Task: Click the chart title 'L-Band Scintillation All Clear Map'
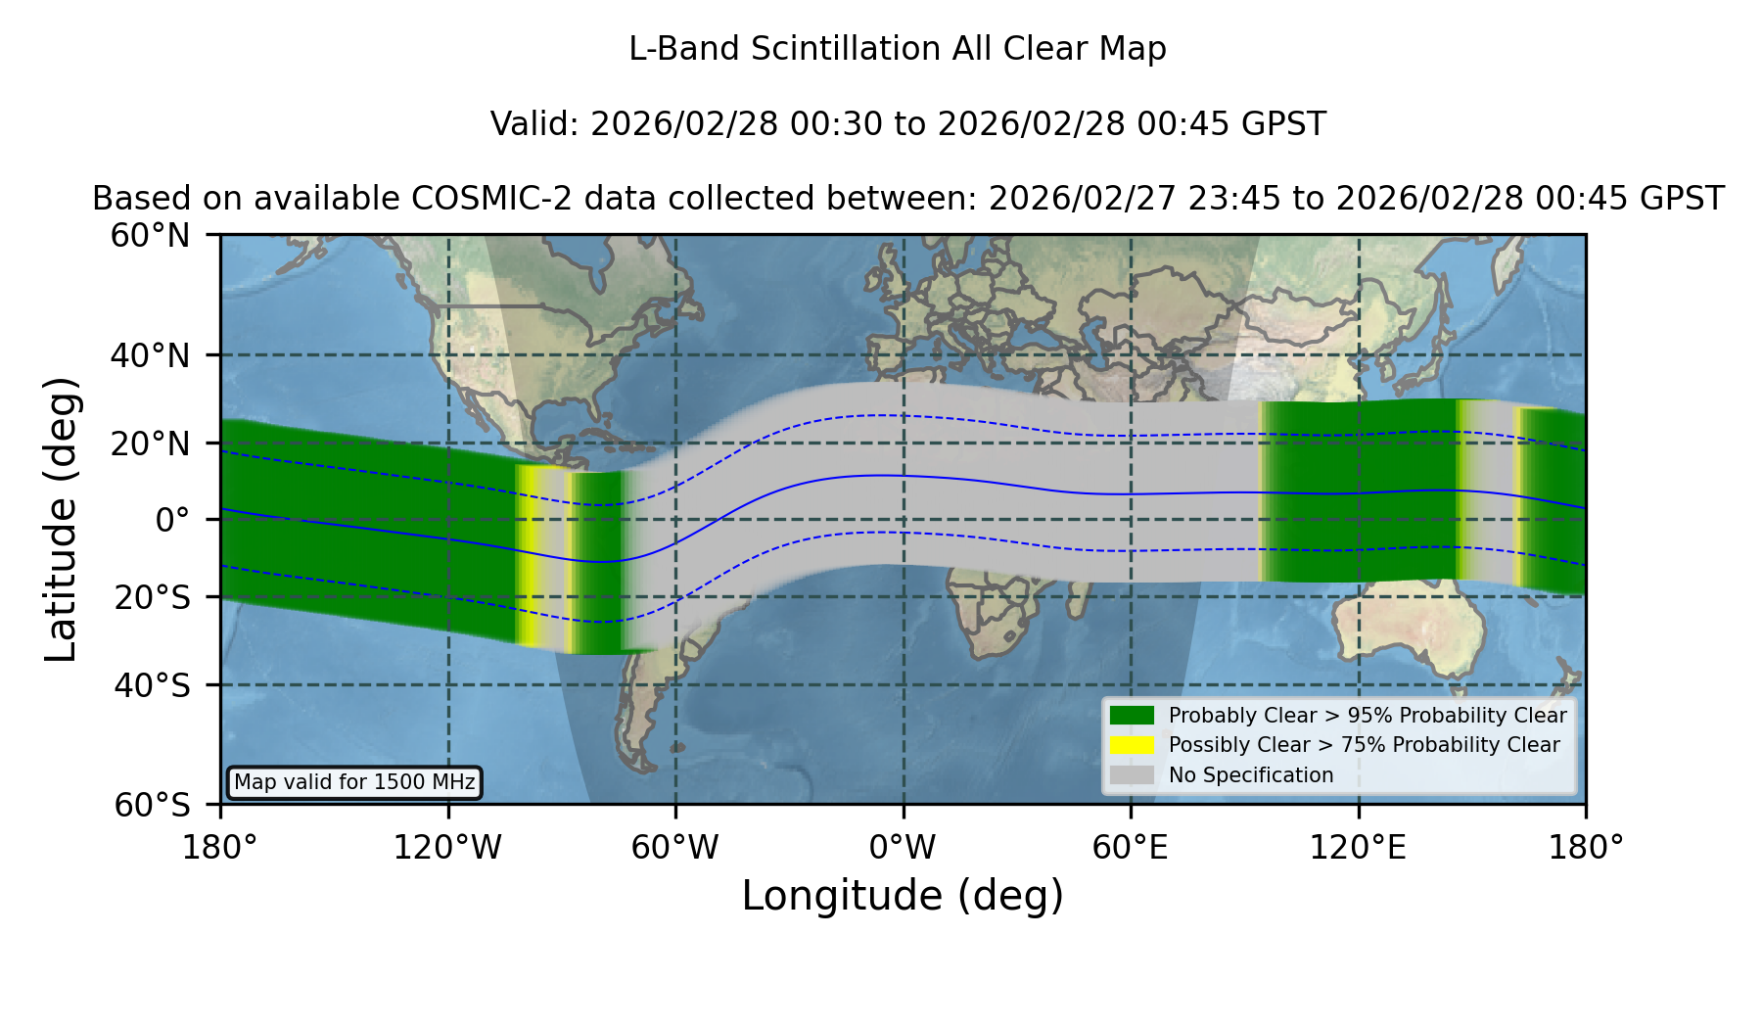point(897,49)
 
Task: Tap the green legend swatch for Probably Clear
point(1132,716)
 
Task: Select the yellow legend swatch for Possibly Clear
point(1132,745)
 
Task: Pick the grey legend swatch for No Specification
point(1132,775)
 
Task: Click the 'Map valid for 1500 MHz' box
point(354,782)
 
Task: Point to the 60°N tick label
point(150,235)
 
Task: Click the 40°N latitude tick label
point(150,355)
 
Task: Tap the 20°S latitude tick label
point(152,597)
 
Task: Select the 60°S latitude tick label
point(152,805)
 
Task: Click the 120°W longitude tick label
point(447,848)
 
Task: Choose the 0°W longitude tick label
point(903,848)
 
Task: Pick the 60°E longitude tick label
point(1131,848)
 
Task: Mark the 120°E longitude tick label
point(1358,848)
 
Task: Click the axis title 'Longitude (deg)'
point(903,896)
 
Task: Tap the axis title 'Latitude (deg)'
point(61,519)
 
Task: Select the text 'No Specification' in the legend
point(1251,775)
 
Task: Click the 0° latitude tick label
point(172,520)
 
